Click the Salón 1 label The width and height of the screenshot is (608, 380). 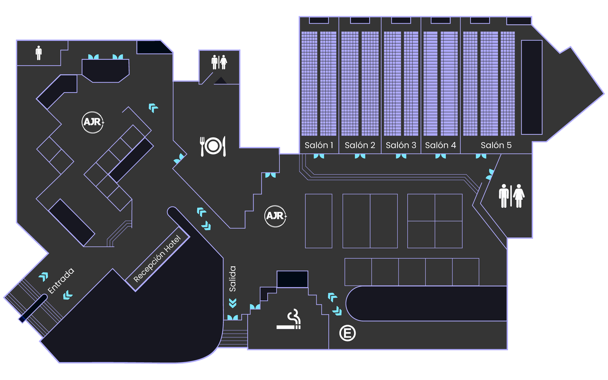319,145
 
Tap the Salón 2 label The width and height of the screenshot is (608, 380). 360,145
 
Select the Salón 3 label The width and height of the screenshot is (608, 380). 401,145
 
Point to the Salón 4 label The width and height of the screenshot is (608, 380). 440,145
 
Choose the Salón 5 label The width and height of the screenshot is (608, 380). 496,145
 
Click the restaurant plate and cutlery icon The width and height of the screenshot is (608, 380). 213,146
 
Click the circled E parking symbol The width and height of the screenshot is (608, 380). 347,333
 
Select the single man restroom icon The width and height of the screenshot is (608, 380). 39,53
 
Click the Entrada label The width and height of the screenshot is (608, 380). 61,280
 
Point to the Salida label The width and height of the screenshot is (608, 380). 233,279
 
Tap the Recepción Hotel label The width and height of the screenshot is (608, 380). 157,259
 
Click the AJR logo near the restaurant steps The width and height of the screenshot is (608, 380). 275,216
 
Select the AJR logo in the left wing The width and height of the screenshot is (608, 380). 93,122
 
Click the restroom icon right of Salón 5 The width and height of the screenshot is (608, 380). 511,196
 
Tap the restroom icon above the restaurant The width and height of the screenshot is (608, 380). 219,62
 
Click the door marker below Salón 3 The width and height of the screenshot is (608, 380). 401,156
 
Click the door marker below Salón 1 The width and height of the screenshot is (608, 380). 319,156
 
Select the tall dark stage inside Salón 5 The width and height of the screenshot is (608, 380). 531,87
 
